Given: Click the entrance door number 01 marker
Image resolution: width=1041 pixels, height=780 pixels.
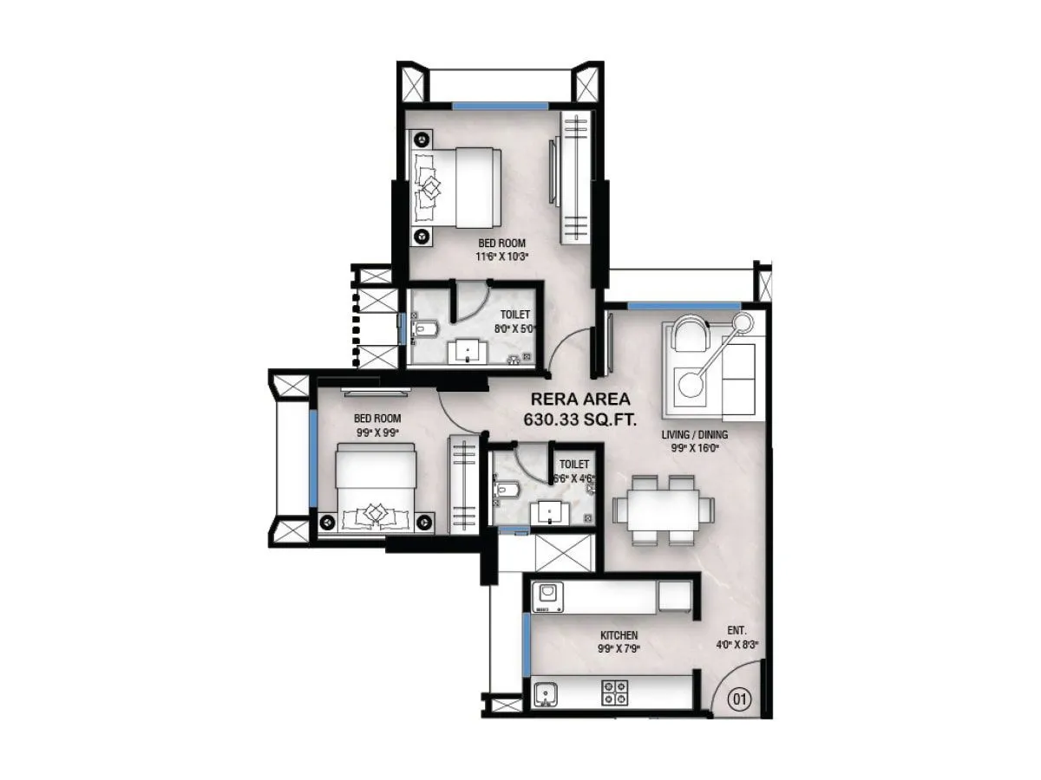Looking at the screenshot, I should [x=738, y=699].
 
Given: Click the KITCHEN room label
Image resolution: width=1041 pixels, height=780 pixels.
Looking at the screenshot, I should [x=619, y=635].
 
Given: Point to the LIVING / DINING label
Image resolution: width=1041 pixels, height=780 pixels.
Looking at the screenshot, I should [x=695, y=434].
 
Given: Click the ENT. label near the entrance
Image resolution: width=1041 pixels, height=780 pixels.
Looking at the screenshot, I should [x=738, y=630].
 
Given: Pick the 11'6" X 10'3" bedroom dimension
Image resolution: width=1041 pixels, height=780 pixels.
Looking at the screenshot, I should [x=502, y=256].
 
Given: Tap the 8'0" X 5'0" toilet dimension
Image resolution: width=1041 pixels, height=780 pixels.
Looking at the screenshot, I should [x=515, y=328].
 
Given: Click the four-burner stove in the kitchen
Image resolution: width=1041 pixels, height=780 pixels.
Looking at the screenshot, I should [x=615, y=692].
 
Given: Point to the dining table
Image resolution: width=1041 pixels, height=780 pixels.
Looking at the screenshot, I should [x=664, y=510].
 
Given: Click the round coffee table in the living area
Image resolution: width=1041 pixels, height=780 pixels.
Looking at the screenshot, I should [x=691, y=384].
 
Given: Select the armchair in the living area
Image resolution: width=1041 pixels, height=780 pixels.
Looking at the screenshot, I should [x=691, y=335].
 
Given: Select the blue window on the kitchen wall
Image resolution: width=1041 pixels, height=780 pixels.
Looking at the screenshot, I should [x=526, y=646].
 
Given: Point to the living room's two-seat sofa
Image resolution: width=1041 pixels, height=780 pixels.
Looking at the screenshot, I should [x=740, y=379].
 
